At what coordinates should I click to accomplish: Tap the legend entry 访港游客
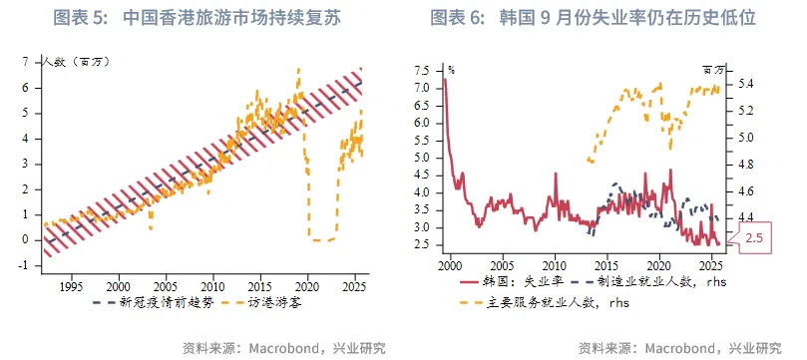[x=261, y=301]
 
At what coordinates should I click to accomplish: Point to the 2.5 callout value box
[x=756, y=237]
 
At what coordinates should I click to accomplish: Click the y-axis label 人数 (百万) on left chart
[x=76, y=62]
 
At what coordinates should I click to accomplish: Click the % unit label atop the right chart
[x=451, y=70]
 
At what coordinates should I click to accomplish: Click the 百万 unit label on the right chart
[x=714, y=70]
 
